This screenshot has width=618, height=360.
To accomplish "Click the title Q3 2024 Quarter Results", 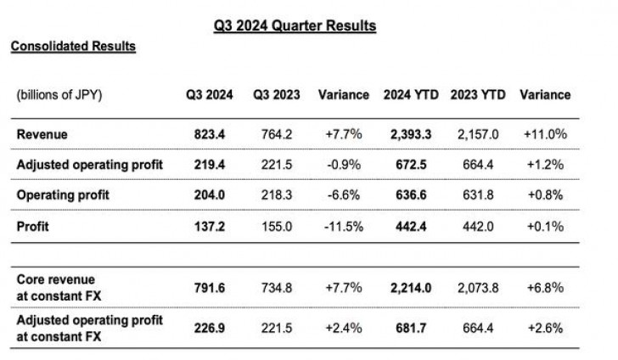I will [295, 26].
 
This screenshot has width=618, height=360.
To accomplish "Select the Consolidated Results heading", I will [73, 47].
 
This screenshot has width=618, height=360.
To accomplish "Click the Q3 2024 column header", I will [209, 95].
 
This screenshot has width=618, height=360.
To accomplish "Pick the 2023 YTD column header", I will [476, 95].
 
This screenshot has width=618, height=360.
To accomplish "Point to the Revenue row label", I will [42, 134].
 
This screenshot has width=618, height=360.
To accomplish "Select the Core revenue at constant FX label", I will [57, 286].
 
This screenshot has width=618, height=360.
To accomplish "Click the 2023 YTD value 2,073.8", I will [476, 287].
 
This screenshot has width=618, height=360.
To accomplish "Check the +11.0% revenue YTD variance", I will [544, 134].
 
